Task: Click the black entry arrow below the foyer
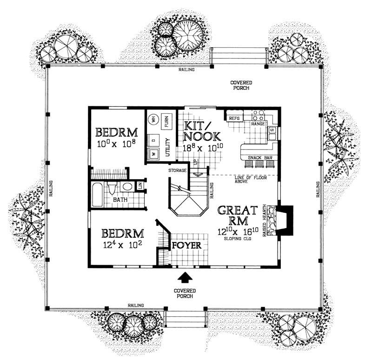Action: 185,277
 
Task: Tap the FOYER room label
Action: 186,245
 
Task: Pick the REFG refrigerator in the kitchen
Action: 234,118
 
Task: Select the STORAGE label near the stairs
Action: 178,170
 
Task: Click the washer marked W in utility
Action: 153,153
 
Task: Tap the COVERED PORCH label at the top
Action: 240,85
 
